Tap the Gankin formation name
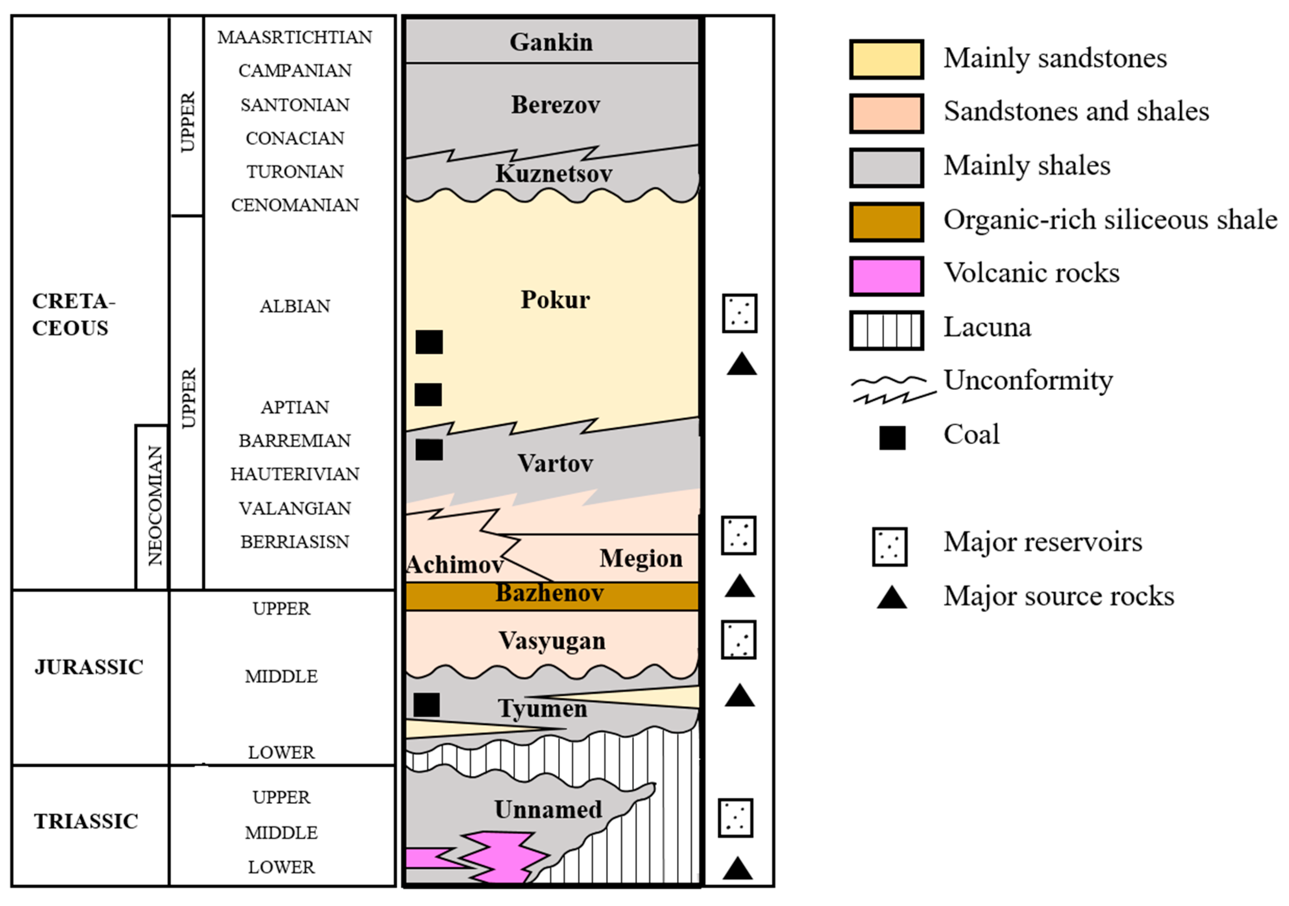point(551,42)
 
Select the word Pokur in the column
point(555,300)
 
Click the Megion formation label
point(641,558)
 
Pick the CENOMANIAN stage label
point(295,205)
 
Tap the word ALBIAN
point(295,306)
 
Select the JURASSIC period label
point(89,667)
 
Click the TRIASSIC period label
point(86,821)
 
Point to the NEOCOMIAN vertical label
point(154,505)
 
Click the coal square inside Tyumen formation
point(427,705)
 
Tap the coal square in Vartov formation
point(429,449)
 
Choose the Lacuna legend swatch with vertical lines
point(886,330)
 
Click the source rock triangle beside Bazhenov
point(739,586)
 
